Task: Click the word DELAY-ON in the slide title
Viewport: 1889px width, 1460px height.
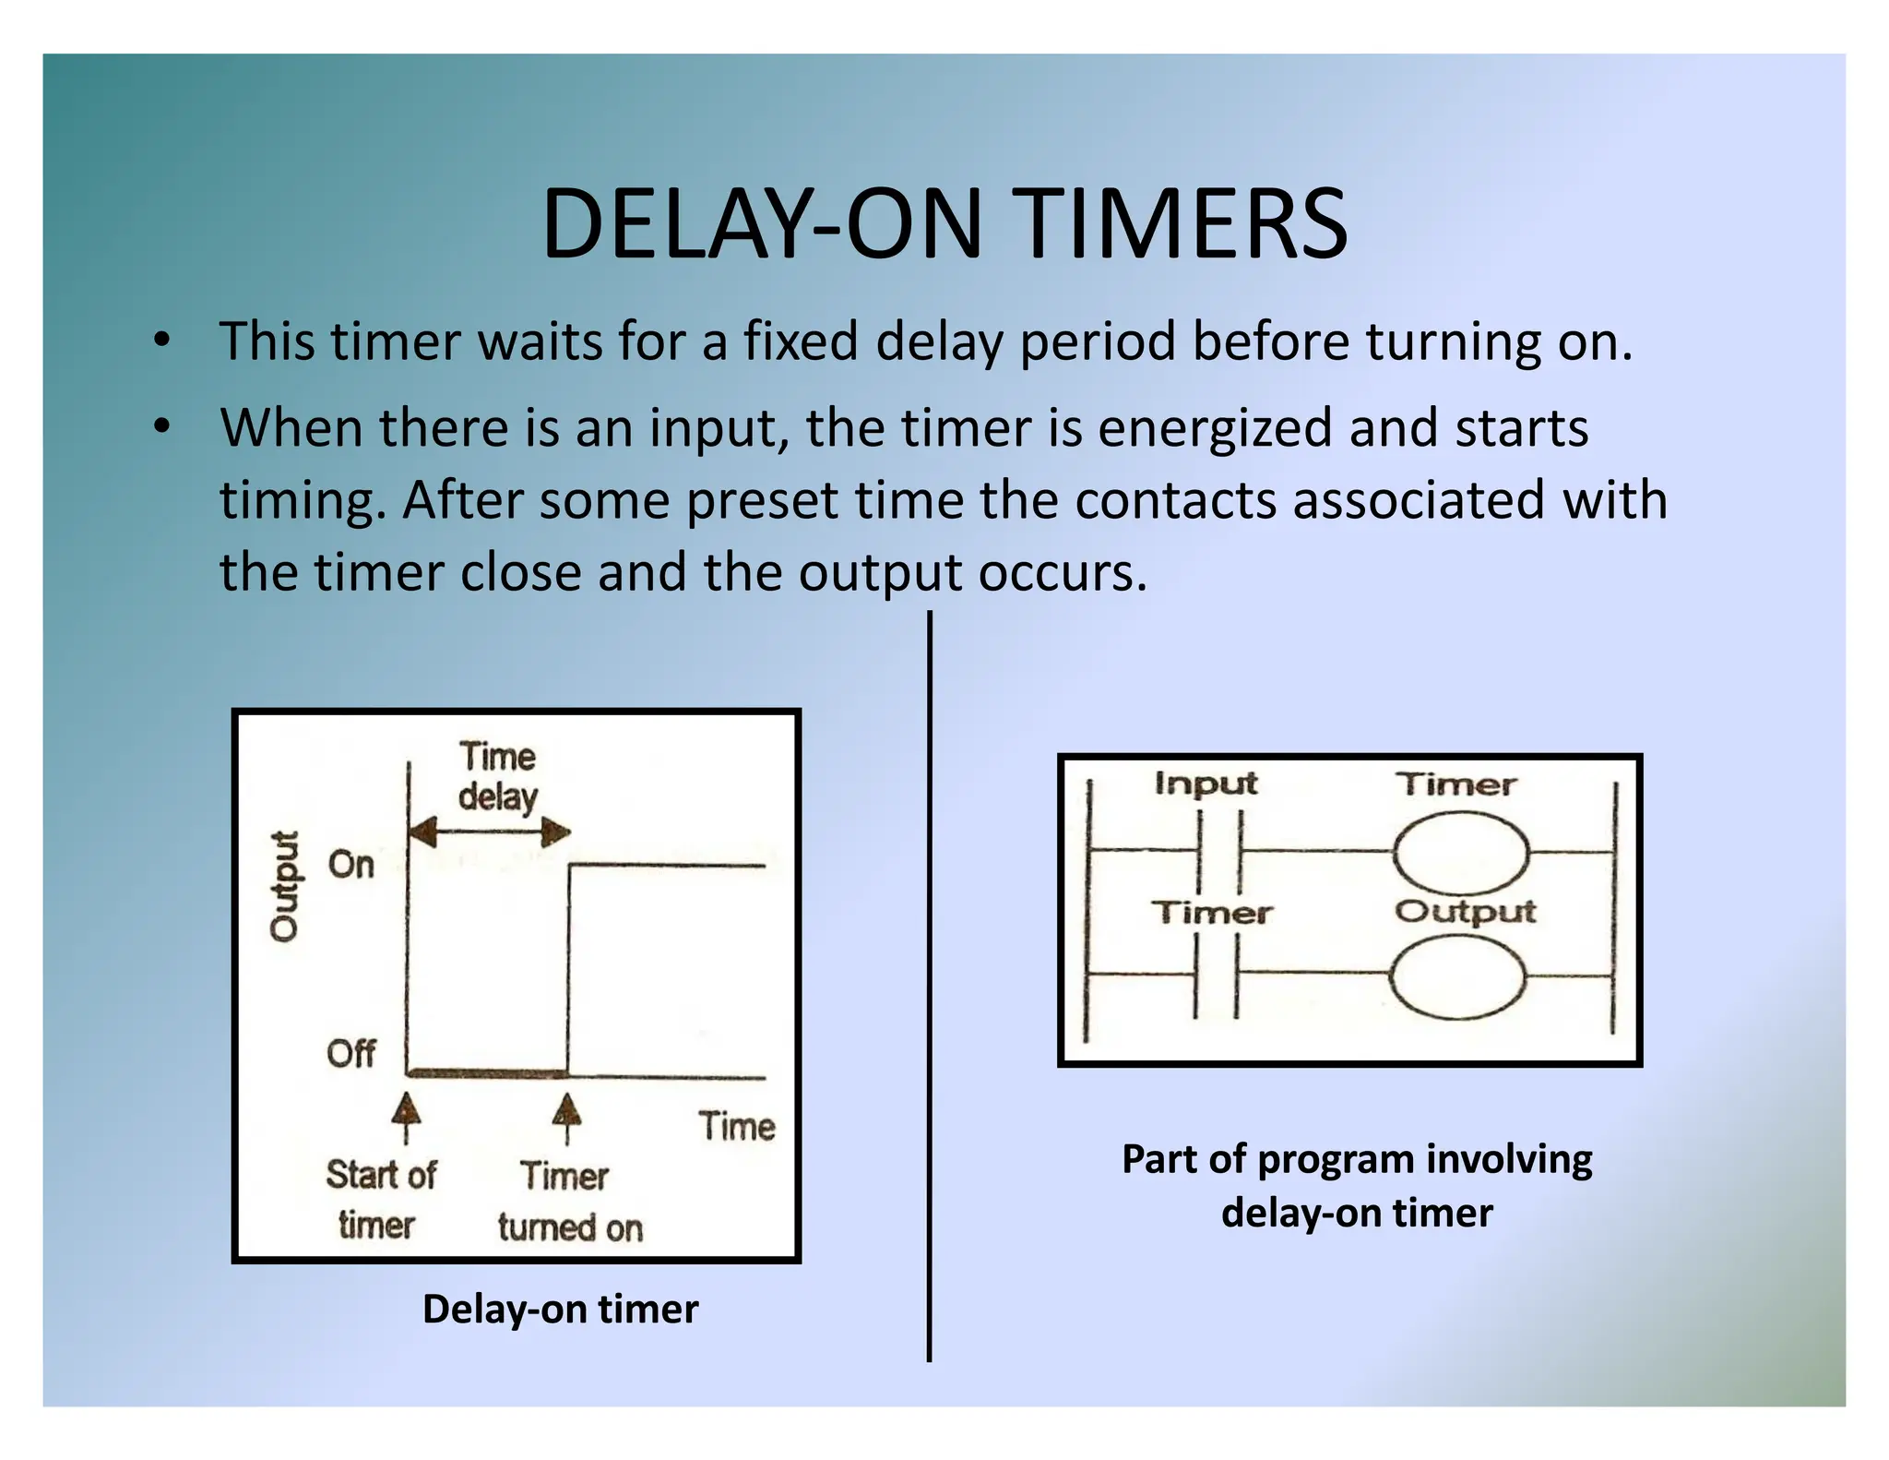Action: (760, 224)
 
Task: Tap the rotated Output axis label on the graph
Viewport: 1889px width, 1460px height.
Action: (285, 885)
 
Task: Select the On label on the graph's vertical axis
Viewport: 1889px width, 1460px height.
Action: (351, 865)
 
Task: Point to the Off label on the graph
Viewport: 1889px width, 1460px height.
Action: (350, 1053)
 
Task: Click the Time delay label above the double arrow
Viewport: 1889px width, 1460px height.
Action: (498, 776)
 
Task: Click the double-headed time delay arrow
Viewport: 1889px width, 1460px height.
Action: (490, 832)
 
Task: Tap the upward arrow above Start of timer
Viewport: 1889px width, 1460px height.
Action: (406, 1115)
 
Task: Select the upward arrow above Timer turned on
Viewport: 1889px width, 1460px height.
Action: (567, 1115)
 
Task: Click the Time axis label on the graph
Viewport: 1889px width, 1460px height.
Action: (736, 1127)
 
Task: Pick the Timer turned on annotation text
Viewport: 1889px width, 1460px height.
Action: (568, 1202)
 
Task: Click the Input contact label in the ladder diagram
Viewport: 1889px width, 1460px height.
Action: (1206, 784)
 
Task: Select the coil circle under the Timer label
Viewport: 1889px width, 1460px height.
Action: (1460, 853)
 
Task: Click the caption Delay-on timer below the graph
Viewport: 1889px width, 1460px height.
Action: (560, 1309)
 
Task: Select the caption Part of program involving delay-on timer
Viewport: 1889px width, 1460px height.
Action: (1357, 1185)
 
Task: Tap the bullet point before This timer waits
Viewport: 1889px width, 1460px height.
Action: (162, 341)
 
